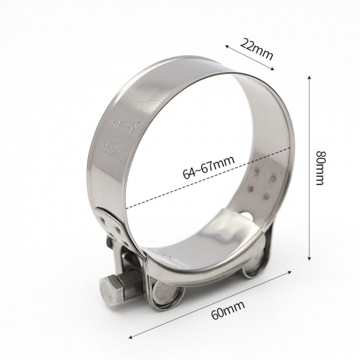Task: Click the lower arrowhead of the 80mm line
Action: (308, 259)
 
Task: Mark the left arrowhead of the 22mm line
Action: (226, 45)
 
